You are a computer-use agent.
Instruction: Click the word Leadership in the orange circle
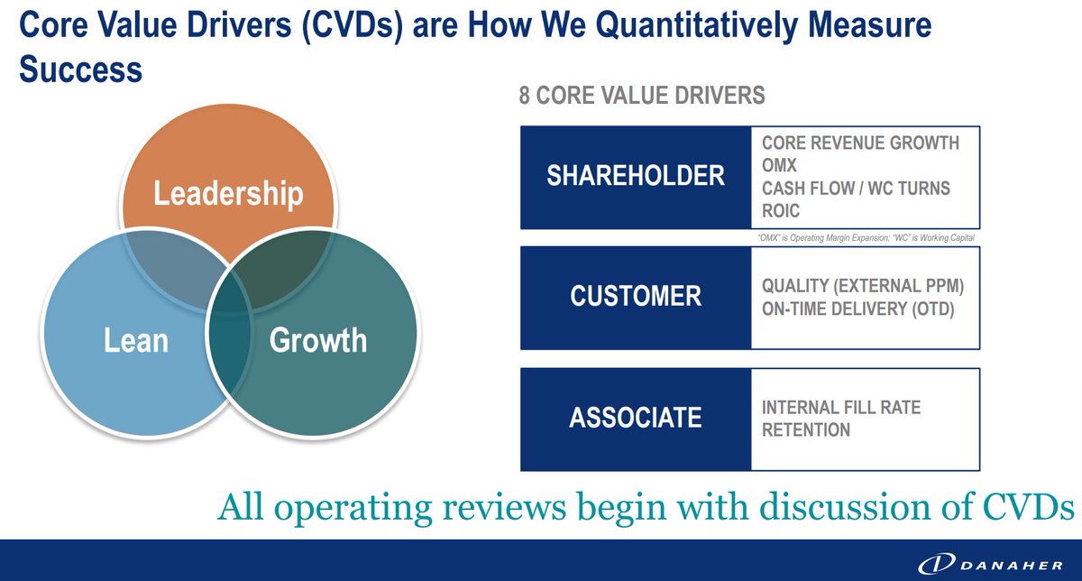227,194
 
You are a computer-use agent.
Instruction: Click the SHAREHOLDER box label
636,176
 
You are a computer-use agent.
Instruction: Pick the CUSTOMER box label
636,296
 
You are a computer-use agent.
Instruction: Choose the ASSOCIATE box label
636,418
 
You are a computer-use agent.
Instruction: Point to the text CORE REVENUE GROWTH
860,143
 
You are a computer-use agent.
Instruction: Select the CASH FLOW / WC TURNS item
856,189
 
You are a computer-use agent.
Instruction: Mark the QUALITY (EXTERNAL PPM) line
863,286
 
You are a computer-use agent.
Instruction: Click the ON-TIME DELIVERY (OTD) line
857,309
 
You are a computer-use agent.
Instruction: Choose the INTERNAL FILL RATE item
841,408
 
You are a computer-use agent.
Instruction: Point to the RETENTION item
806,430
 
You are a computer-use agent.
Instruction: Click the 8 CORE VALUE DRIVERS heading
642,96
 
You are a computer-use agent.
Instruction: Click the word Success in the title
80,69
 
